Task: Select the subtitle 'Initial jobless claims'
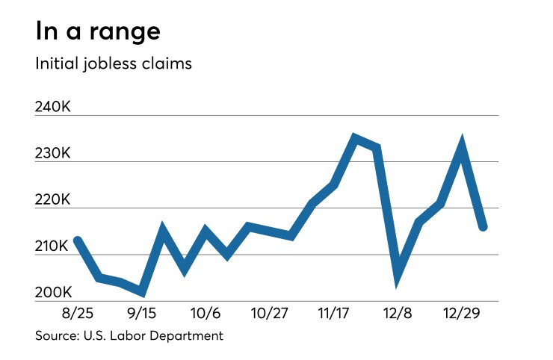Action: pos(114,63)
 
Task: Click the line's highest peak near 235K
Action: pos(355,139)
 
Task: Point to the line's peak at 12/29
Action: pos(463,146)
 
